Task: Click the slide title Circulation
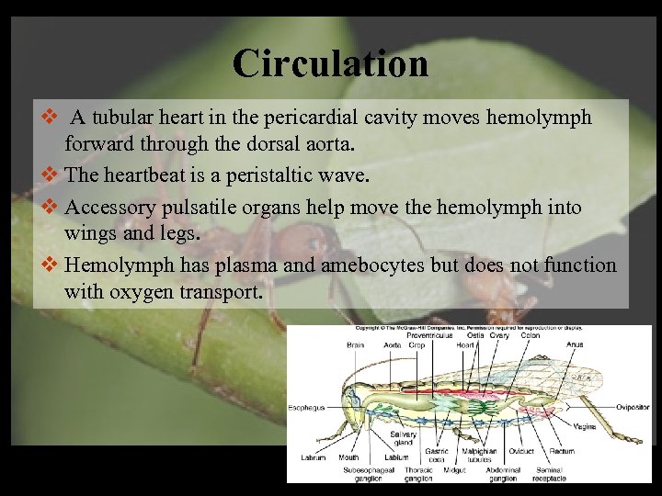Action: tap(330, 63)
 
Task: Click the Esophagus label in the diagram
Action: tap(306, 407)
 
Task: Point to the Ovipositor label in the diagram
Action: tap(633, 407)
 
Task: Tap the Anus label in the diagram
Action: tap(575, 345)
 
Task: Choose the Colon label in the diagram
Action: tap(531, 336)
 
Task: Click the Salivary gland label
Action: tap(403, 438)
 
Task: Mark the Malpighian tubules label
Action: tap(479, 456)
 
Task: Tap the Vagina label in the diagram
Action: tap(585, 426)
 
